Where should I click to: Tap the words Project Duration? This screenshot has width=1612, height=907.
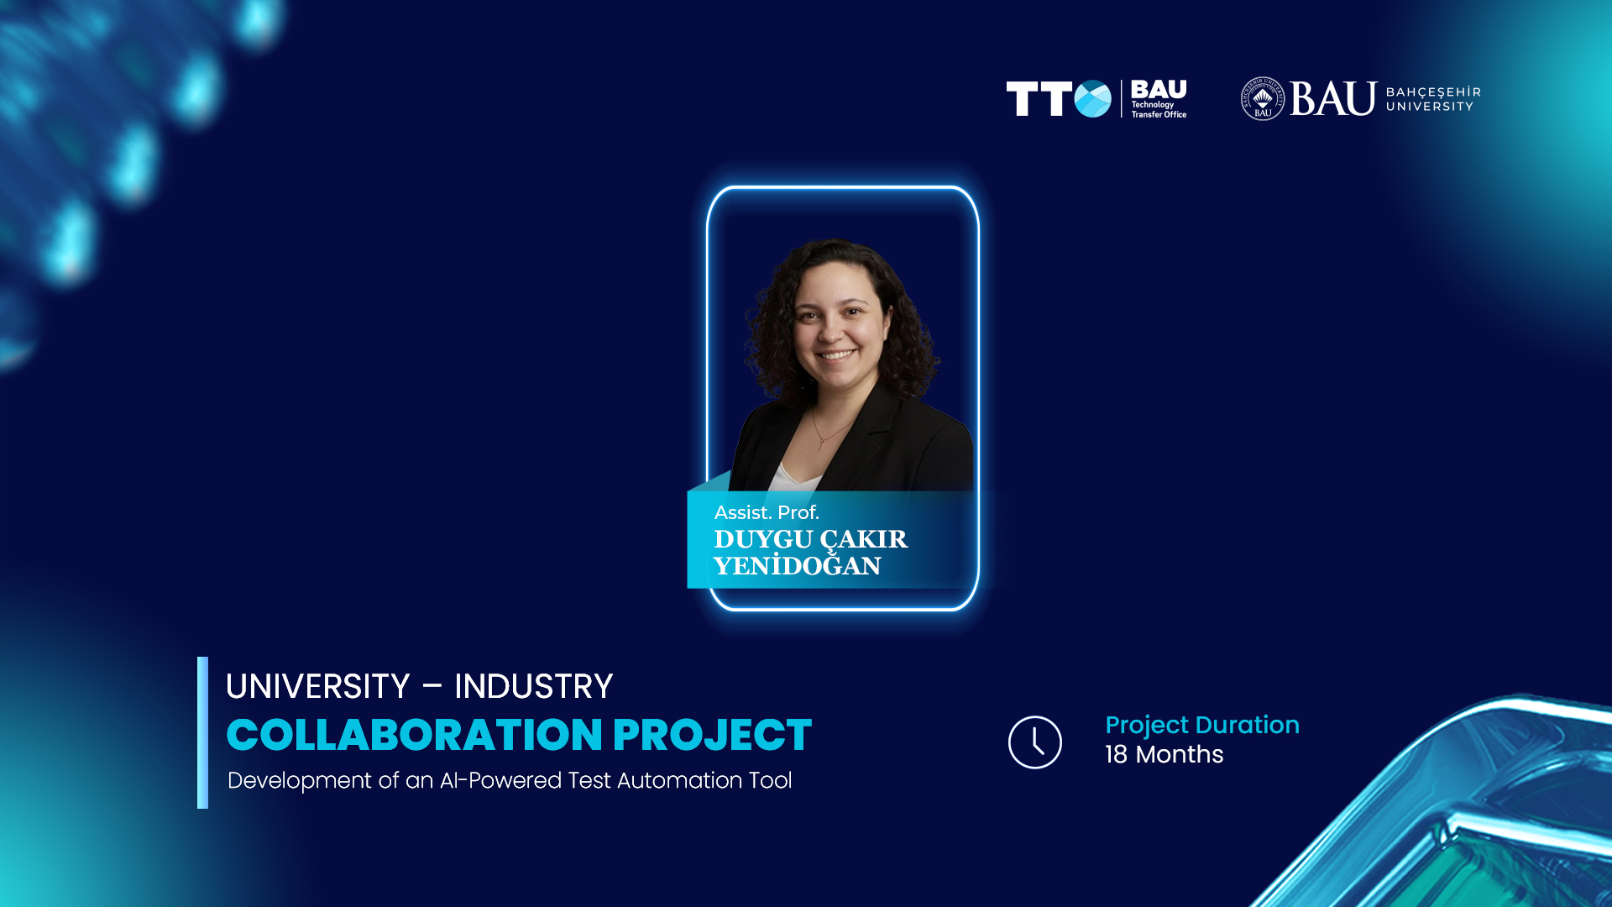1202,726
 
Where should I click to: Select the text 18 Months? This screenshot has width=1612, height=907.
1164,754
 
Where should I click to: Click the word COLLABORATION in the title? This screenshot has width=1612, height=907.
415,735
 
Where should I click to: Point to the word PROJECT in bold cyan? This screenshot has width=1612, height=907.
712,735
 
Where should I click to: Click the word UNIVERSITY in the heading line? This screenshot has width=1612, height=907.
317,686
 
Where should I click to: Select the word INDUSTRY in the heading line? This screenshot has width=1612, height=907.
533,686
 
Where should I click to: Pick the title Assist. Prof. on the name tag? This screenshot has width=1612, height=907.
767,512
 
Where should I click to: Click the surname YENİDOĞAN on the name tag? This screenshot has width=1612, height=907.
798,566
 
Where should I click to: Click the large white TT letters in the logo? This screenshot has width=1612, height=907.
1039,99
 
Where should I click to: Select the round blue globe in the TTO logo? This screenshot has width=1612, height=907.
1092,99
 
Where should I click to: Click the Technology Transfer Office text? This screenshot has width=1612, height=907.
1159,110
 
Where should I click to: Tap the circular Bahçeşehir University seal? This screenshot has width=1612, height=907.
1263,99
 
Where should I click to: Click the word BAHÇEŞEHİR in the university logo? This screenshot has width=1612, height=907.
1433,92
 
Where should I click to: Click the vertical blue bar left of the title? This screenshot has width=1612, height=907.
202,732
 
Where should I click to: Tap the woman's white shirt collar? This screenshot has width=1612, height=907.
794,477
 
